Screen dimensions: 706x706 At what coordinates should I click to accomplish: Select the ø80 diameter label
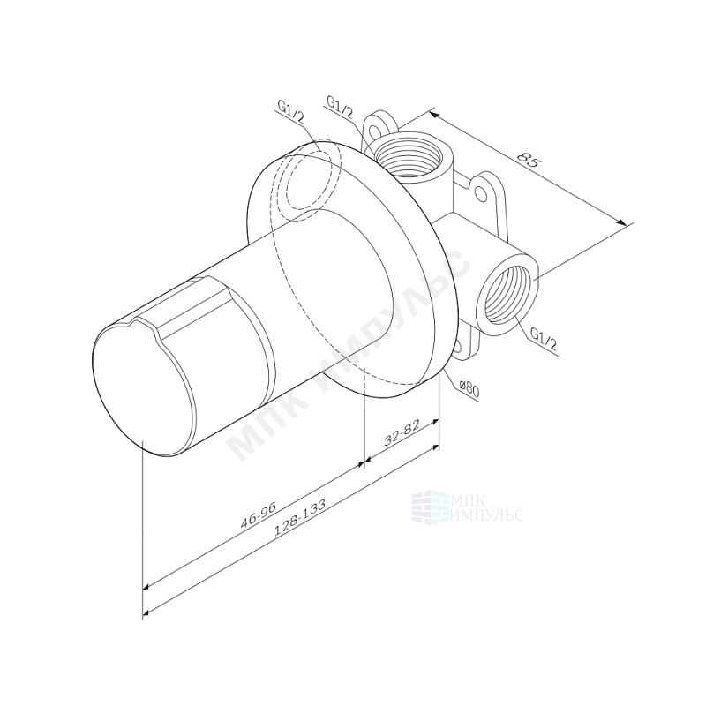[469, 388]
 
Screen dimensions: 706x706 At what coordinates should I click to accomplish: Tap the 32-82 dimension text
[402, 432]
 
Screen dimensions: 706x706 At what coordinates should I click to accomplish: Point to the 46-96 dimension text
[258, 514]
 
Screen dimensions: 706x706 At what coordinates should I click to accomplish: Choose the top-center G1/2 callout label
[340, 107]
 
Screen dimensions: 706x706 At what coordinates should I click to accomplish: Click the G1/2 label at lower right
[544, 339]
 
